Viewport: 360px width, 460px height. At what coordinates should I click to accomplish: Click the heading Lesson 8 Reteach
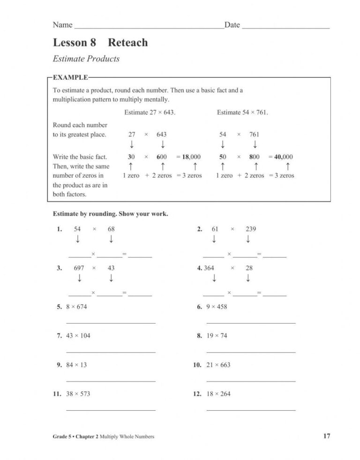tap(100, 43)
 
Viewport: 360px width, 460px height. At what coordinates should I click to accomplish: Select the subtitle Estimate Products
tap(86, 59)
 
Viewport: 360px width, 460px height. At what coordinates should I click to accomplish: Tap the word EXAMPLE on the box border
tap(70, 77)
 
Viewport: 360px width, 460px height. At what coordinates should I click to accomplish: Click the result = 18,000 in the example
tap(188, 157)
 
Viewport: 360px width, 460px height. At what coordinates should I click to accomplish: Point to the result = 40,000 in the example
tap(281, 157)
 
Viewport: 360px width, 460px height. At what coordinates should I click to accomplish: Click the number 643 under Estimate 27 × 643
tap(161, 134)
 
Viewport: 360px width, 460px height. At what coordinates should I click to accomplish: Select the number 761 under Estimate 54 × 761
tap(254, 134)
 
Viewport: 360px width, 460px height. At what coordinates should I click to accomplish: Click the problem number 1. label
tap(60, 229)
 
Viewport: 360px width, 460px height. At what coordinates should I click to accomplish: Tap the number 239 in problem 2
tap(251, 229)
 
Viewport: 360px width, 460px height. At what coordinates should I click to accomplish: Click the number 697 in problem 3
tap(79, 268)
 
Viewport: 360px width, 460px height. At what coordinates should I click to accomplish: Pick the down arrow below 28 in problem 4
tap(248, 279)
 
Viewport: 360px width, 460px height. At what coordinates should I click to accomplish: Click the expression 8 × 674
tap(76, 307)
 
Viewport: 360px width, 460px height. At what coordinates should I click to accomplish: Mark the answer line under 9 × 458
tap(251, 323)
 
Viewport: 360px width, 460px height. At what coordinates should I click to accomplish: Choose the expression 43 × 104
tap(78, 336)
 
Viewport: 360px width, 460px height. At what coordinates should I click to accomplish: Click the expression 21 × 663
tap(218, 365)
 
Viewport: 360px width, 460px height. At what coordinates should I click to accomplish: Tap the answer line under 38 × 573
tap(111, 410)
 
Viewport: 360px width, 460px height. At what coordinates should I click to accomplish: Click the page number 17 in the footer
tap(326, 437)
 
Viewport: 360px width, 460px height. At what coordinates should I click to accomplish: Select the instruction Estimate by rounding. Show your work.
tap(110, 214)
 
